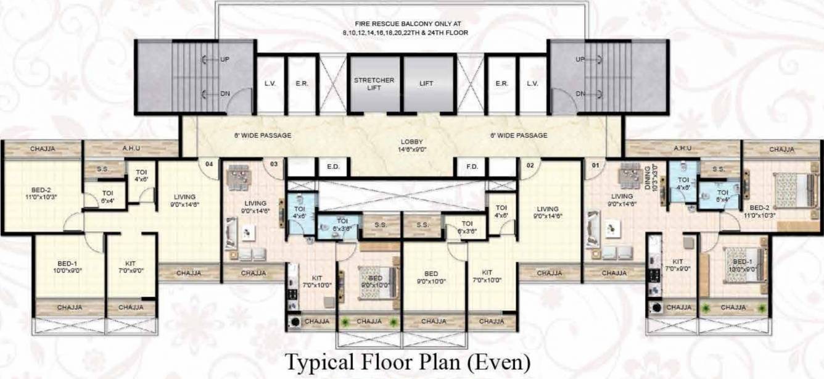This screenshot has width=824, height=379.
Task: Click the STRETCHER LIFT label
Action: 374,84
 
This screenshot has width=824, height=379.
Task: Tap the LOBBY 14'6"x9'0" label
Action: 411,145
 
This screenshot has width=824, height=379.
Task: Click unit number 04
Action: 208,164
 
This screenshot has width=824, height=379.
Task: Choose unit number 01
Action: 595,165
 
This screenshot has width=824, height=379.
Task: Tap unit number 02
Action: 529,165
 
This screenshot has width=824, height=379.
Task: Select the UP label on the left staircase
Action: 225,60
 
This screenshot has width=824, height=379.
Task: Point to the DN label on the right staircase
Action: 580,94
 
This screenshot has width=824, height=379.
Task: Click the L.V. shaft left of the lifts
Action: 270,83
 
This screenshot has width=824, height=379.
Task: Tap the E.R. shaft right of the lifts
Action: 501,83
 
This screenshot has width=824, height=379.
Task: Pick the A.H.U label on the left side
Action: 130,149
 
